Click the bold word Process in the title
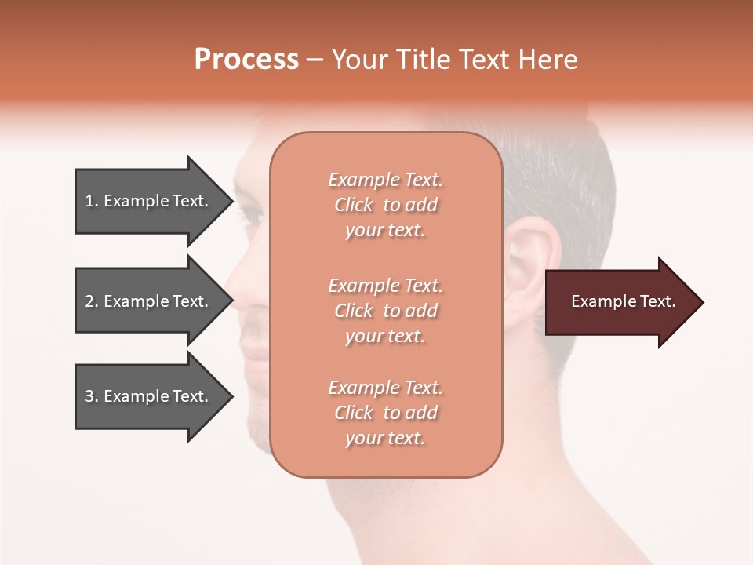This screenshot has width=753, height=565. click(x=246, y=59)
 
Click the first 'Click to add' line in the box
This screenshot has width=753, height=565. click(x=386, y=205)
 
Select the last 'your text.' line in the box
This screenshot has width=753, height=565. click(x=385, y=438)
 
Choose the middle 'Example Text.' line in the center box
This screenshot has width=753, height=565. click(x=385, y=286)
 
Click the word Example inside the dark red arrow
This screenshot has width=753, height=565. click(x=595, y=301)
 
